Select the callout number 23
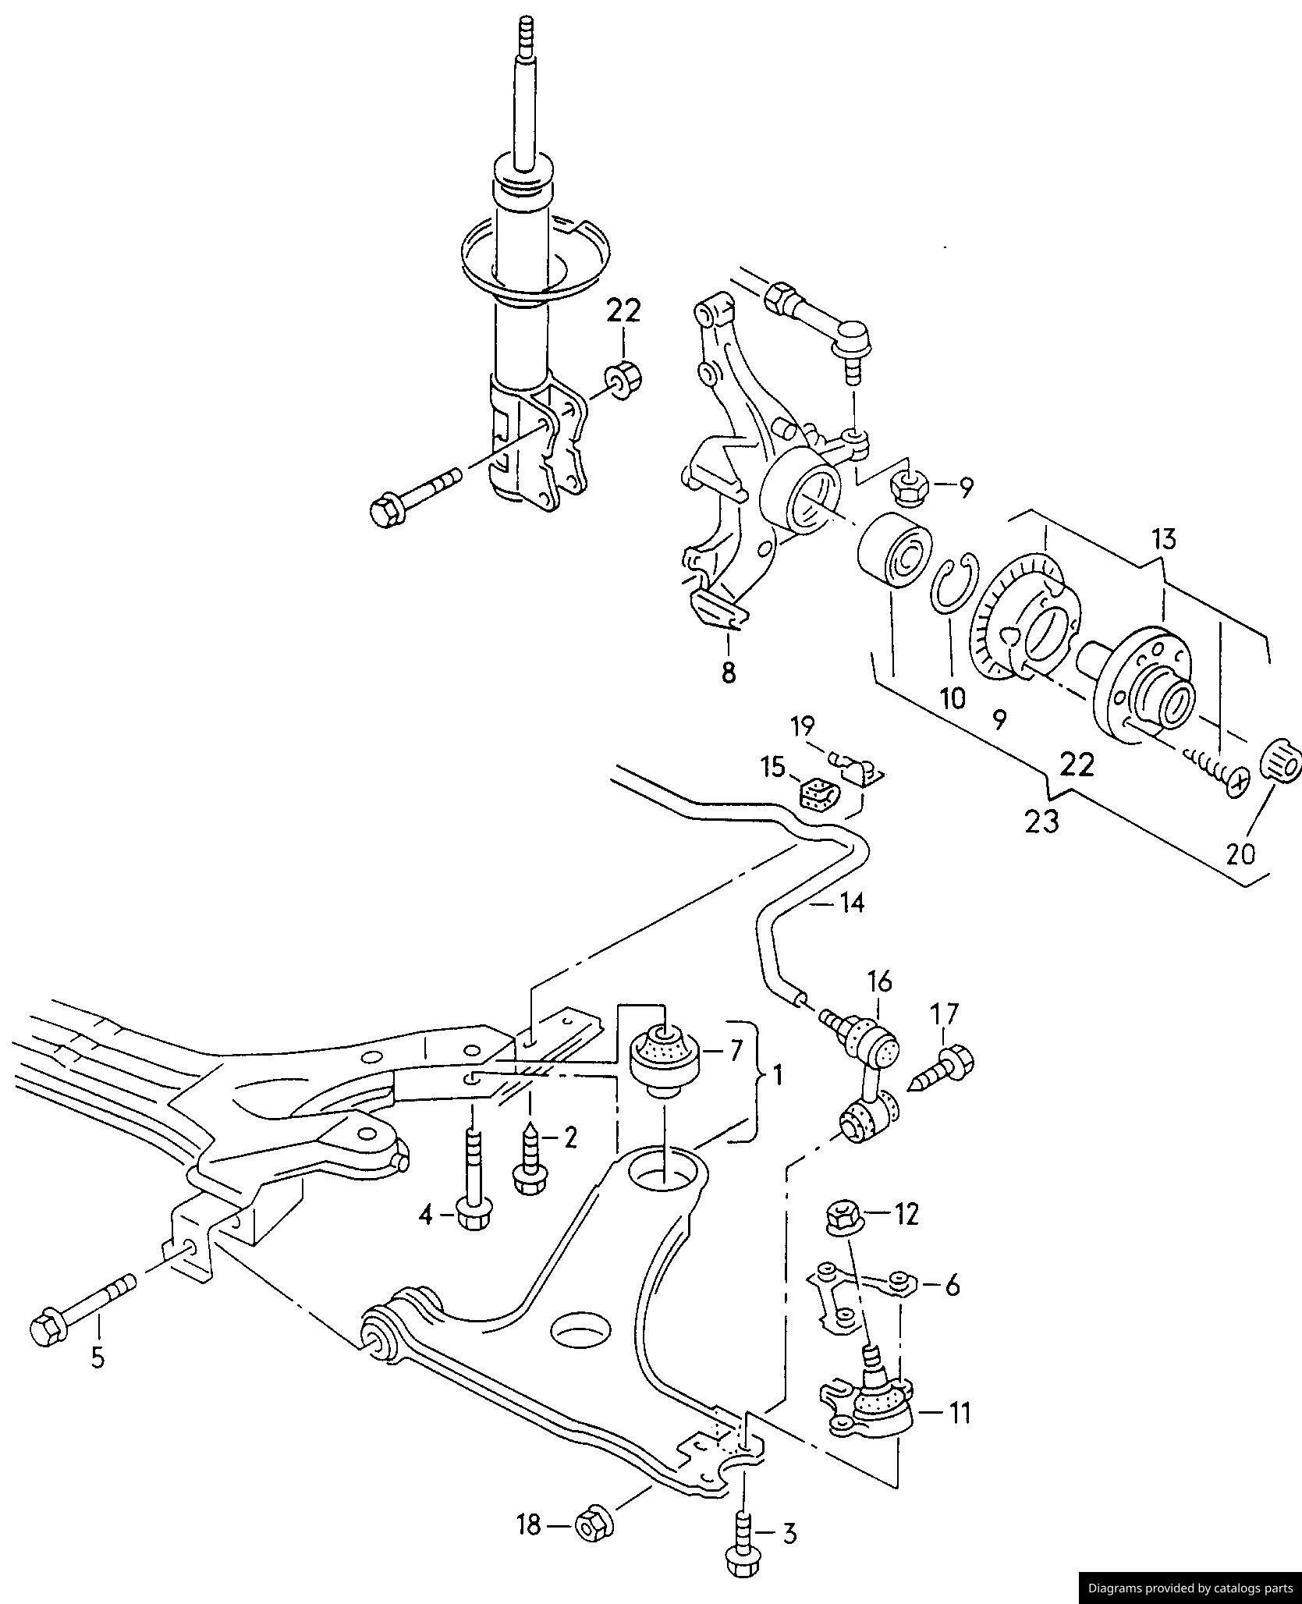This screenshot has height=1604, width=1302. pyautogui.click(x=1042, y=822)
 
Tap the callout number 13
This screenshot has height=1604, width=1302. pyautogui.click(x=1163, y=539)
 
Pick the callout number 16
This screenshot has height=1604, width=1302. pyautogui.click(x=879, y=981)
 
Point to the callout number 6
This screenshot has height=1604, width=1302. pyautogui.click(x=952, y=1285)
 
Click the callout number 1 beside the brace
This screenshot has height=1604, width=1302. pyautogui.click(x=777, y=1077)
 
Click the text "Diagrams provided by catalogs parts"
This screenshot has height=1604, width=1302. pyautogui.click(x=1190, y=1588)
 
